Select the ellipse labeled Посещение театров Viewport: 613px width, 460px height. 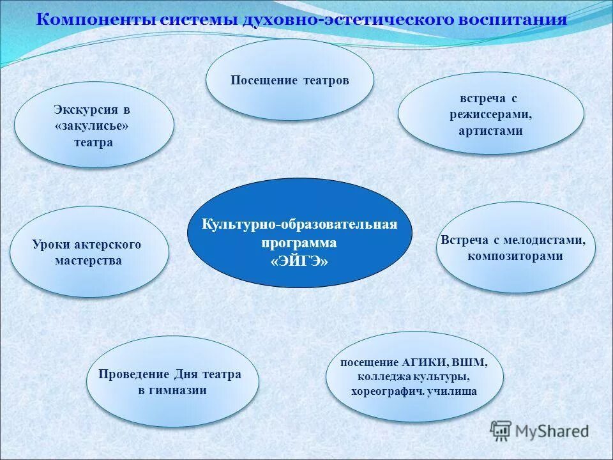coord(289,80)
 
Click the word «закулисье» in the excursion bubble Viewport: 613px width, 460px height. coord(92,126)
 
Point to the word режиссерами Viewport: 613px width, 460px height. coord(490,114)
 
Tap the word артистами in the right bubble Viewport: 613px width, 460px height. coord(490,131)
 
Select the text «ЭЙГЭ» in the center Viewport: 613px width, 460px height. coord(299,261)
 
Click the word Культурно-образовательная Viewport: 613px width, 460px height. coord(299,224)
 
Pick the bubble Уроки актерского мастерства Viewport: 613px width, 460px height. coord(89,252)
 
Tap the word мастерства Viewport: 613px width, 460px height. coord(88,261)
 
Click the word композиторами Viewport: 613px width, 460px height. coord(515,256)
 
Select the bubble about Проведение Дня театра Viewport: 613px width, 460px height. coord(172,382)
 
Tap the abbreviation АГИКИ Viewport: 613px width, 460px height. coord(425,362)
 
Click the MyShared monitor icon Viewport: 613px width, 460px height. coord(502,431)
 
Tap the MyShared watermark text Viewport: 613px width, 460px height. coord(552,431)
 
